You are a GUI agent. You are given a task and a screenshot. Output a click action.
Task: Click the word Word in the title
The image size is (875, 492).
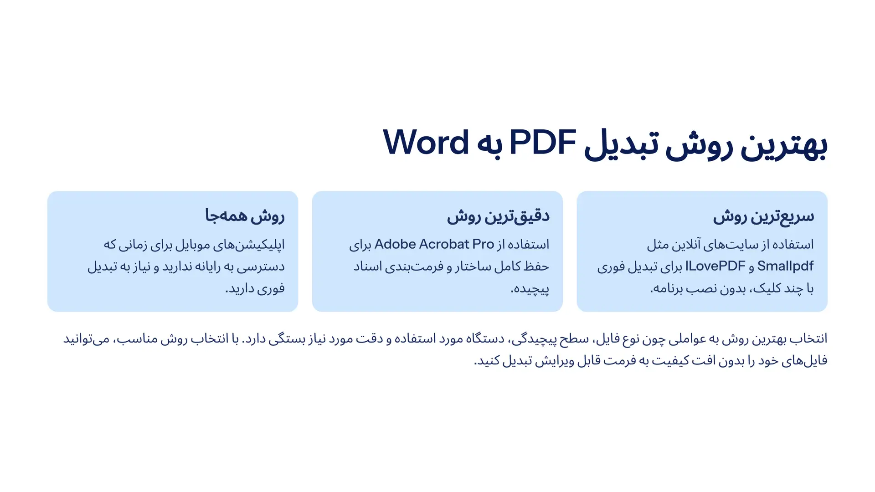[426, 143]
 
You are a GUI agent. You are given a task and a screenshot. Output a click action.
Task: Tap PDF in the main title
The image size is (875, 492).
[542, 143]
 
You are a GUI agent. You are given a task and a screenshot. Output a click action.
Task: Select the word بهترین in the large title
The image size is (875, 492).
[784, 145]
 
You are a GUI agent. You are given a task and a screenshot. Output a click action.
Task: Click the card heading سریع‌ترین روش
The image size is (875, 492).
[763, 216]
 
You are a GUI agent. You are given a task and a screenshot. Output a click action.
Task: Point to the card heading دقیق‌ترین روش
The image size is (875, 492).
[498, 216]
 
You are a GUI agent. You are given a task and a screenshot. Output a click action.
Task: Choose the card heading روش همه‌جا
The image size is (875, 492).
[245, 216]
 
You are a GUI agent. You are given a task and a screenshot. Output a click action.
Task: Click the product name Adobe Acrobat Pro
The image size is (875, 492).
[434, 244]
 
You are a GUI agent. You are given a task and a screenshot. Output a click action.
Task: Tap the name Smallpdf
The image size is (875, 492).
[785, 266]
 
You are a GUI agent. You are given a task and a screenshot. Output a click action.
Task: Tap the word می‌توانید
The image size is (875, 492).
[87, 339]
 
